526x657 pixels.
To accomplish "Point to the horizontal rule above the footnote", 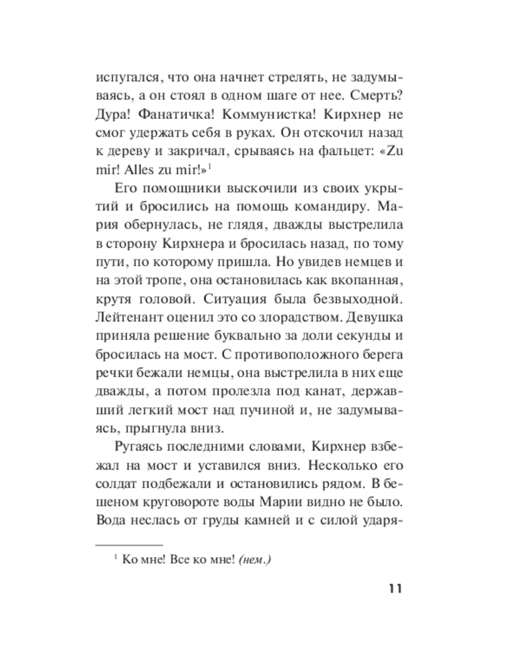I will (129, 545).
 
